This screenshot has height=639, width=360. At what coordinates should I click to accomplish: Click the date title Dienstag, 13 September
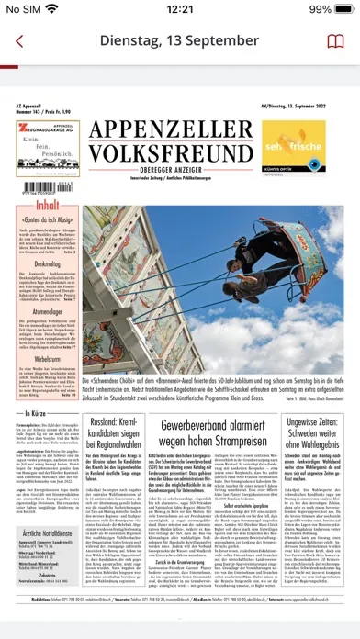tap(180, 42)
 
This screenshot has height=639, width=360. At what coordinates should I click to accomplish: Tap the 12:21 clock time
tap(180, 9)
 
